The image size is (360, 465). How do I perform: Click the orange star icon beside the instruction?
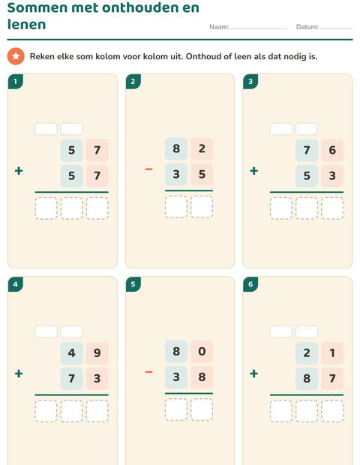(x=16, y=56)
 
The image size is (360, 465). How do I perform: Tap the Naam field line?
(x=259, y=28)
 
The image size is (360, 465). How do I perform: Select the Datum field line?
(x=336, y=28)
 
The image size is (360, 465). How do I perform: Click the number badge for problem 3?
(x=250, y=82)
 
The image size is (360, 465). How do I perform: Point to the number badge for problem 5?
(x=133, y=284)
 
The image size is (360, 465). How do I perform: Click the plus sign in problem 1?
(x=19, y=171)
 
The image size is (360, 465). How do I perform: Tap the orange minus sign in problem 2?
(x=148, y=169)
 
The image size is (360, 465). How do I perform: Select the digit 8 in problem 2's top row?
(x=176, y=148)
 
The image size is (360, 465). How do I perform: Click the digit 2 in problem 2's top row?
(x=202, y=148)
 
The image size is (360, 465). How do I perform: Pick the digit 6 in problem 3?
(x=332, y=150)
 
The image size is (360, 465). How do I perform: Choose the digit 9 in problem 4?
(x=97, y=353)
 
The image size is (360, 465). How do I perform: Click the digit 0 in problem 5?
(x=202, y=352)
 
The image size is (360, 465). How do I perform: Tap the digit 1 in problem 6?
(x=332, y=353)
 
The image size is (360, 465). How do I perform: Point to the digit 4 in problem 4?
(x=71, y=353)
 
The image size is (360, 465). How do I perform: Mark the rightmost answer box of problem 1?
(x=97, y=208)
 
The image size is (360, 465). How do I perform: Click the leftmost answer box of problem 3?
(x=281, y=208)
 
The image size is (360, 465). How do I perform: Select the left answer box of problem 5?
(x=176, y=409)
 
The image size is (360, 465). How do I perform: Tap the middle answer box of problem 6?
(x=307, y=411)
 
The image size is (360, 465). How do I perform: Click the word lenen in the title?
(x=27, y=24)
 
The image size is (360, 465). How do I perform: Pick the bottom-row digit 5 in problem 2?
(x=202, y=174)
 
